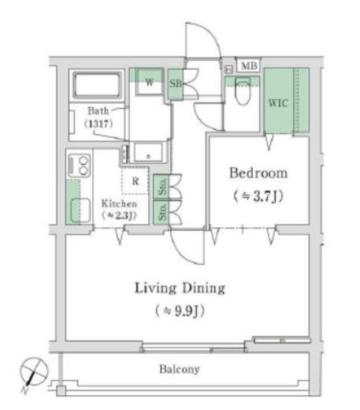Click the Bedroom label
[258, 173]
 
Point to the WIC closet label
[277, 102]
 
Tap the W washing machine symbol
[146, 80]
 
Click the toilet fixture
[242, 96]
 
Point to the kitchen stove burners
[80, 166]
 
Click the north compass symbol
[32, 370]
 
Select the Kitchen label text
[119, 203]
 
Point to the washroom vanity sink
[147, 152]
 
